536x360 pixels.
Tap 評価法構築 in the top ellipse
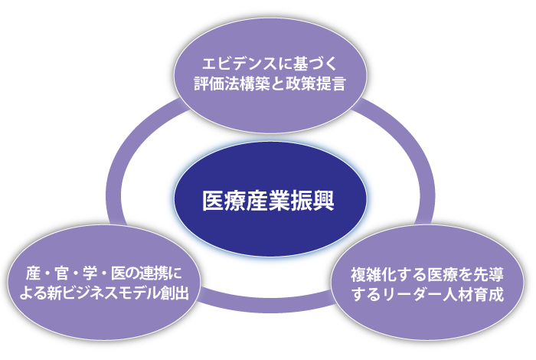(232, 83)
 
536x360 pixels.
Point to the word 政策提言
(315, 83)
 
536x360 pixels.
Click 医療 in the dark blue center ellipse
(224, 201)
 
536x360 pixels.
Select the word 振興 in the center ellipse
(312, 201)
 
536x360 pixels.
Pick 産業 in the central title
(268, 201)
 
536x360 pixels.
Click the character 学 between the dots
(90, 274)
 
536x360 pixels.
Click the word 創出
(175, 293)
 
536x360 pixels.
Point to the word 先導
(489, 275)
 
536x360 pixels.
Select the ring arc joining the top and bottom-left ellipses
(129, 150)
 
